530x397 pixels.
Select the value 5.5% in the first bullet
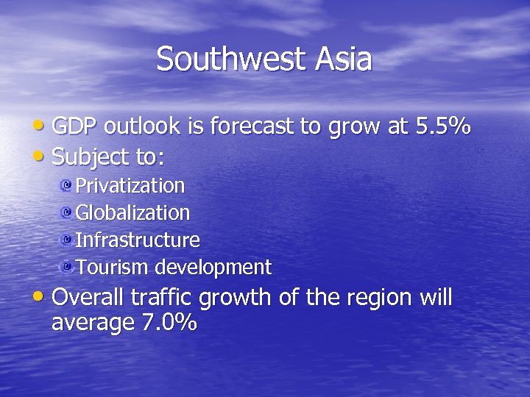(443, 127)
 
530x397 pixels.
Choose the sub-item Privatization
(130, 185)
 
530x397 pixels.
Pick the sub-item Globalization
(132, 212)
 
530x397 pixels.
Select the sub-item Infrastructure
(138, 240)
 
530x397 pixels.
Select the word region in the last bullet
(368, 298)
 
